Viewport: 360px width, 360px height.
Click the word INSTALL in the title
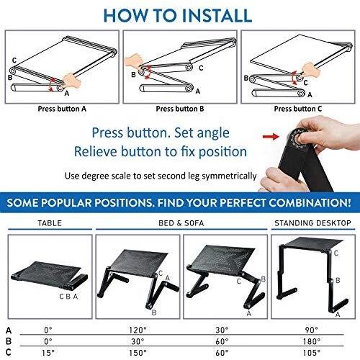tap(217, 16)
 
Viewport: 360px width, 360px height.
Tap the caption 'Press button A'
tap(62, 109)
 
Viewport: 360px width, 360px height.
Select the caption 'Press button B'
tap(180, 109)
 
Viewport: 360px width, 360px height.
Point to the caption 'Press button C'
tap(298, 109)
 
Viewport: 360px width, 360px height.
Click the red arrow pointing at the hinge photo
tap(271, 137)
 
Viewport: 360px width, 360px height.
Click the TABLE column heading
tap(50, 223)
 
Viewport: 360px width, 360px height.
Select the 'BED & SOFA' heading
tap(181, 223)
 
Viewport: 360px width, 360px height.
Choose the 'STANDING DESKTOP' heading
tap(312, 223)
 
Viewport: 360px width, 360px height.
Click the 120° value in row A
tap(138, 330)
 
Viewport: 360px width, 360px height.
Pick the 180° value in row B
tap(312, 341)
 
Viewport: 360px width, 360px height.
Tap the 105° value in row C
tap(312, 353)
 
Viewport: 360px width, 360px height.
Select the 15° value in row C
tap(48, 353)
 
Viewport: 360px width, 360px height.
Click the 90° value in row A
tap(312, 330)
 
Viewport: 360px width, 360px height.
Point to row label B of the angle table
tap(9, 341)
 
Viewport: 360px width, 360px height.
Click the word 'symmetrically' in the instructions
tap(229, 176)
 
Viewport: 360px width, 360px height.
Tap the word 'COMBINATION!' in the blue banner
tap(310, 203)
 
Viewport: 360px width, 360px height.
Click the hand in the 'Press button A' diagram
tap(71, 81)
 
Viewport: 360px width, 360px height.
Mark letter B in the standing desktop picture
tap(338, 280)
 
